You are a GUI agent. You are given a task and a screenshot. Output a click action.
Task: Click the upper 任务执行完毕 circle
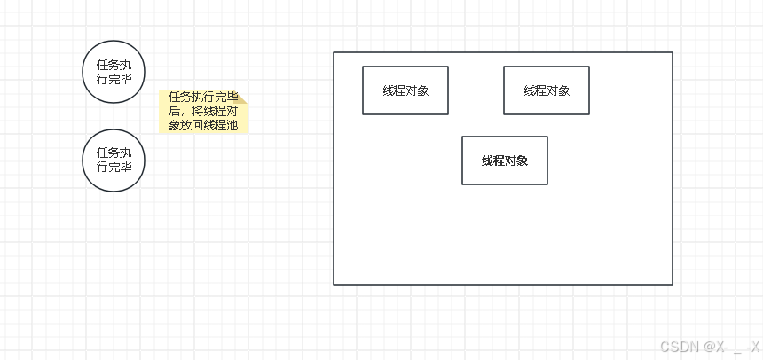[x=114, y=71]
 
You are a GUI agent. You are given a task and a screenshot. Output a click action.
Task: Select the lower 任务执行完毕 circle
[x=114, y=160]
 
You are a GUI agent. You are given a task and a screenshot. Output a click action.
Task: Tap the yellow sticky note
[x=203, y=112]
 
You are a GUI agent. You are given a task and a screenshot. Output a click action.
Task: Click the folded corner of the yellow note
[x=241, y=96]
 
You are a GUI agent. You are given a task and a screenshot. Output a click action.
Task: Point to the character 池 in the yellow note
[x=232, y=126]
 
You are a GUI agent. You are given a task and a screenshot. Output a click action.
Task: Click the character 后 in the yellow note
[x=174, y=112]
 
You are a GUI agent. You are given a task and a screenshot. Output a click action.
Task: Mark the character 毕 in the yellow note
[x=232, y=97]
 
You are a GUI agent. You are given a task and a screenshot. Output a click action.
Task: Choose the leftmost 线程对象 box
[x=405, y=90]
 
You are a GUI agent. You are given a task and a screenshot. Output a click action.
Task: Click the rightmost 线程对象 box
[x=547, y=90]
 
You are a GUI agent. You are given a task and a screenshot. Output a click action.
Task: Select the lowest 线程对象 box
[x=505, y=160]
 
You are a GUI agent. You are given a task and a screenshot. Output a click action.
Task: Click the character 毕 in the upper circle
[x=126, y=78]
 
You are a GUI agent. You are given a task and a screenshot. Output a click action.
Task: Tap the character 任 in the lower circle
[x=102, y=153]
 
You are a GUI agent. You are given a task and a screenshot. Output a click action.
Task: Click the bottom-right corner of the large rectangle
[x=672, y=284]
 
